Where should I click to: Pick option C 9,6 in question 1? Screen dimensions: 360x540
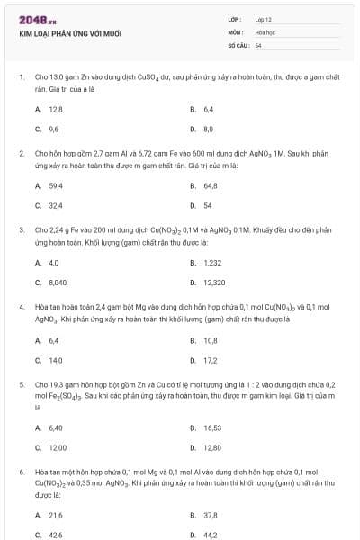click(53, 129)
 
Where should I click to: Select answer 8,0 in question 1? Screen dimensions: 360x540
click(208, 129)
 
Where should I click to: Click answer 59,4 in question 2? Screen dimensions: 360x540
click(56, 185)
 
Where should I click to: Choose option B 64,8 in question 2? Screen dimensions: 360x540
click(211, 185)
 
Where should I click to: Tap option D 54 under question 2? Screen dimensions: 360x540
click(207, 205)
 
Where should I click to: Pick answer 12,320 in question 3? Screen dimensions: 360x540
click(214, 283)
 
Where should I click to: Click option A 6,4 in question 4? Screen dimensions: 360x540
click(53, 339)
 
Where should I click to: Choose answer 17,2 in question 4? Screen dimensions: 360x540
click(211, 360)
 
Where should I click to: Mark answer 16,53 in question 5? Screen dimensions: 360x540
click(212, 427)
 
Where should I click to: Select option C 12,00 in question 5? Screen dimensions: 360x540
click(57, 447)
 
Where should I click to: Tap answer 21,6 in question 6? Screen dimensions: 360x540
click(56, 515)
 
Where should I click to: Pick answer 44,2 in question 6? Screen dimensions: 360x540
click(211, 535)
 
